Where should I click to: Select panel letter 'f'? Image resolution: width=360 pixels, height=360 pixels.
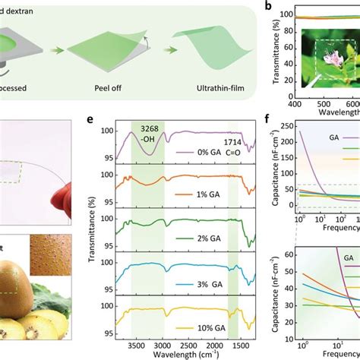(x=266, y=120)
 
